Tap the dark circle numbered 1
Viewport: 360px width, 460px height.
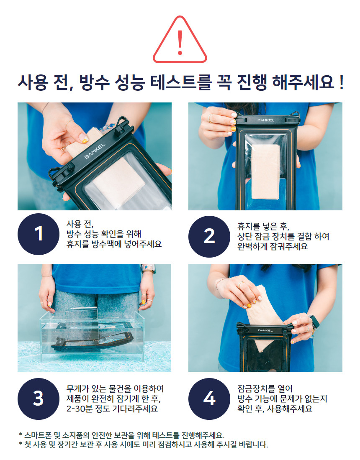[39, 234]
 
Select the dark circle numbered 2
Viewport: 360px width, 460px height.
[209, 236]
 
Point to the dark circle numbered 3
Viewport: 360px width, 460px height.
[39, 399]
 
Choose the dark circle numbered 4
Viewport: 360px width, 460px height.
[209, 399]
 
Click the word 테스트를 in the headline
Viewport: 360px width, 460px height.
[181, 82]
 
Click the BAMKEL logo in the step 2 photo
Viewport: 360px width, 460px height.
[266, 120]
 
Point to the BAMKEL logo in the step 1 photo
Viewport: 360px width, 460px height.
[95, 151]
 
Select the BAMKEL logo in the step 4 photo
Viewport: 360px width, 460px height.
[265, 330]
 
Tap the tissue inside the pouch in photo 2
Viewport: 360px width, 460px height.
[265, 171]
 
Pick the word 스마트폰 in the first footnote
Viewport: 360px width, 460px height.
[36, 435]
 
